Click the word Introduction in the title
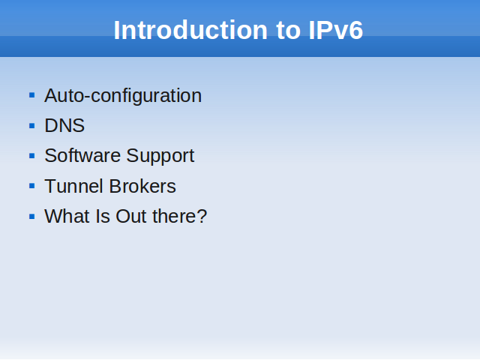click(190, 30)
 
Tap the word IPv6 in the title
click(336, 30)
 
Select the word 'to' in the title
click(288, 31)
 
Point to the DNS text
click(64, 125)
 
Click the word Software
click(82, 155)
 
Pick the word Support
click(160, 157)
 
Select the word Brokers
click(142, 186)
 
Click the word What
click(67, 216)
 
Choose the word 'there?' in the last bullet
click(180, 216)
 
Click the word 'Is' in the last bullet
click(102, 216)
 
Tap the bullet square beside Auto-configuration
click(31, 95)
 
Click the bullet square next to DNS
click(31, 125)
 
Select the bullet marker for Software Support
click(31, 156)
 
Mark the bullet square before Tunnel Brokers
click(31, 186)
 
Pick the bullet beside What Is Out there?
click(31, 217)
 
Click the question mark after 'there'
click(202, 216)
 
